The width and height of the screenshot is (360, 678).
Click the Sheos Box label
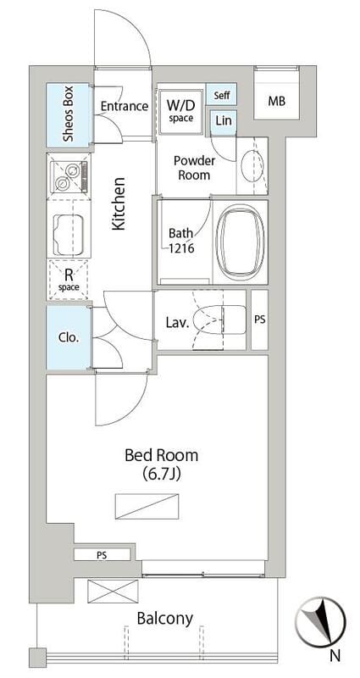69,114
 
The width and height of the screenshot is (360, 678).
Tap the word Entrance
125,107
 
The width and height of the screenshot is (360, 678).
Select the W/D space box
180,112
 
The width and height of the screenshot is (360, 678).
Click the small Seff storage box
221,94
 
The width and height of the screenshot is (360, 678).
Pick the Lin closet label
224,120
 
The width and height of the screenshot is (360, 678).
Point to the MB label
276,102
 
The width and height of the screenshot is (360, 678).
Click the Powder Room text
194,168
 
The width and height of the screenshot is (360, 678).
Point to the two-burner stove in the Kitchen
69,177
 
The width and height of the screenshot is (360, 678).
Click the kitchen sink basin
69,235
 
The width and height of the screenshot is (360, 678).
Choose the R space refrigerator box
69,279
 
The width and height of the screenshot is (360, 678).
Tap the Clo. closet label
69,337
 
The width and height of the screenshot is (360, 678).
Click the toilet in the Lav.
219,320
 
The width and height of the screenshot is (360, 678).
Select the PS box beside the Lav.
260,320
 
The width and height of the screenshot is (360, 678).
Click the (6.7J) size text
161,475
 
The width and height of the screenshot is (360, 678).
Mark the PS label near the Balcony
102,554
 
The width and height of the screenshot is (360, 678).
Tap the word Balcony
164,619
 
